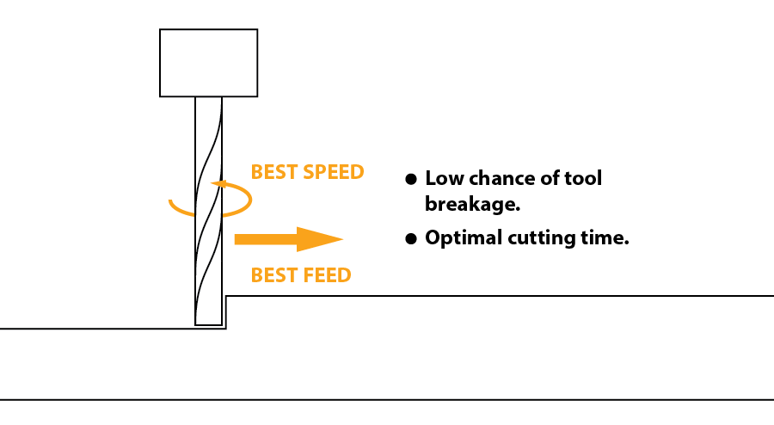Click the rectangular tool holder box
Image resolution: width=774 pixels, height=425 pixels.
point(208,63)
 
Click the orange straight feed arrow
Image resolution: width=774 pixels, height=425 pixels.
point(284,239)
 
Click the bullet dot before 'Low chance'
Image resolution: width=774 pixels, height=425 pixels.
point(411,179)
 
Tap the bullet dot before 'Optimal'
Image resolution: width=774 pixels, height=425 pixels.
point(411,238)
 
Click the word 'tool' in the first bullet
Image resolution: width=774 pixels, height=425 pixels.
point(585,179)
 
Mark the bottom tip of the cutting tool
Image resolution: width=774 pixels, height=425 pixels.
point(208,323)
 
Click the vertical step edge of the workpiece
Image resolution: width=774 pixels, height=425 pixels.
point(226,312)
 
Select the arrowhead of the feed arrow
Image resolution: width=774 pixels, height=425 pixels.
point(322,239)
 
